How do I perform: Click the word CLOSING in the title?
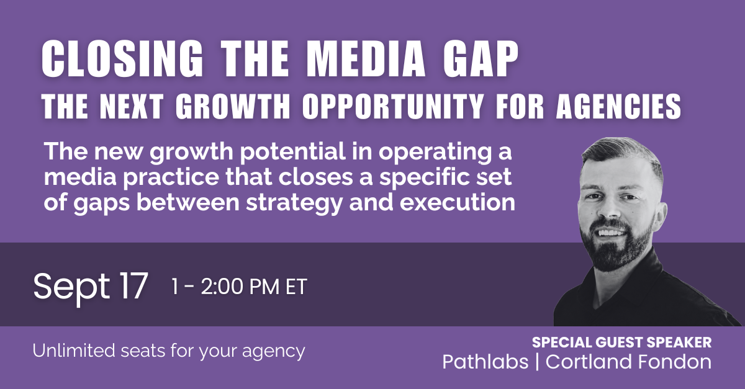122,59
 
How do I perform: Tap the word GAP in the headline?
481,59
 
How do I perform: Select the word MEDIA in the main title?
365,59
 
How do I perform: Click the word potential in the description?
292,152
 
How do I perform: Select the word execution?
458,202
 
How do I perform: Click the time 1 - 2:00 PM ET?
239,287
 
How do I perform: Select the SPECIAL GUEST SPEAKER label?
621,342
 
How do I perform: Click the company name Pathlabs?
485,362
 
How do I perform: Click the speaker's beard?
615,253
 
